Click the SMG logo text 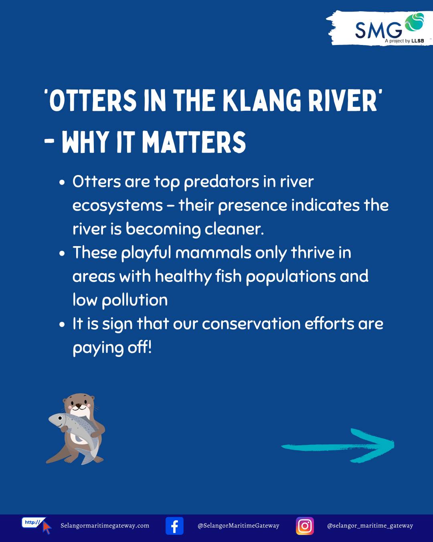click(x=378, y=30)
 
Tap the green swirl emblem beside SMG click(x=414, y=22)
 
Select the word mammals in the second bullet click(x=213, y=253)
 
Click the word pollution click(x=135, y=301)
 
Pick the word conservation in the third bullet click(x=251, y=324)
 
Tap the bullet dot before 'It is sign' click(x=62, y=324)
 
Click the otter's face click(x=79, y=405)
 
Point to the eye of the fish click(x=60, y=418)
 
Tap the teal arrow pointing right click(x=338, y=446)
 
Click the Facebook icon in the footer click(x=174, y=526)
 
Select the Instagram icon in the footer click(x=305, y=526)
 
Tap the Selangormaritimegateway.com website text click(x=105, y=526)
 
